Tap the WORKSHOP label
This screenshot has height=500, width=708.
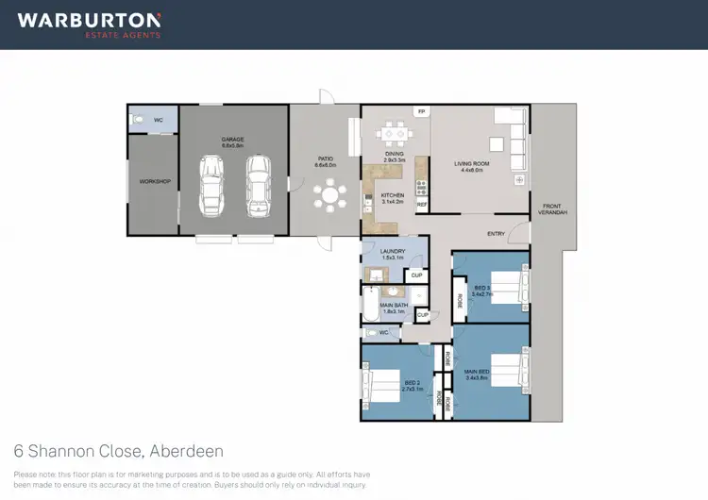154,181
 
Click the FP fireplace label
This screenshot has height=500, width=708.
421,112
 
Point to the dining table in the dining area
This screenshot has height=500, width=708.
394,134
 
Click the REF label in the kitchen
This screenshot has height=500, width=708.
422,204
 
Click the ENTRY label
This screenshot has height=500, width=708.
496,234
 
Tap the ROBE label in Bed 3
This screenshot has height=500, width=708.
461,301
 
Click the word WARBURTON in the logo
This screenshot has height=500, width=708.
89,19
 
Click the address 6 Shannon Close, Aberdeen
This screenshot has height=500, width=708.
119,451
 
